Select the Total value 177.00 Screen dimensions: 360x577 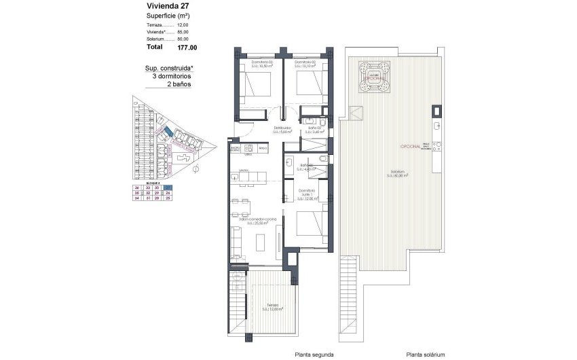pos(187,48)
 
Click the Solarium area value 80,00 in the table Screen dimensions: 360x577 pos(183,39)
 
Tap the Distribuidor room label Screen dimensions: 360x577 pos(283,130)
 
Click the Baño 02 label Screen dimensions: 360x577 pos(314,130)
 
